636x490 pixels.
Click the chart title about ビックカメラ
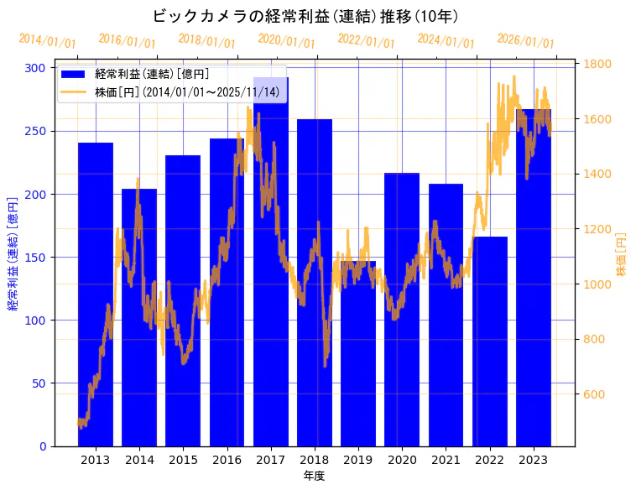(305, 16)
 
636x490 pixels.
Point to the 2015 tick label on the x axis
(183, 460)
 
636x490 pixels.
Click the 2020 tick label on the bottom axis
(402, 460)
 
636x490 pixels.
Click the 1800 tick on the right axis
(597, 64)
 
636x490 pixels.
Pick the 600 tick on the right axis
(594, 394)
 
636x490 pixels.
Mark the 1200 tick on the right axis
(597, 229)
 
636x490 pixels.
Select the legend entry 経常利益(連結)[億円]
(152, 75)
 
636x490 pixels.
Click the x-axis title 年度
(315, 476)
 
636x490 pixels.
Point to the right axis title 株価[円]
(621, 255)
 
